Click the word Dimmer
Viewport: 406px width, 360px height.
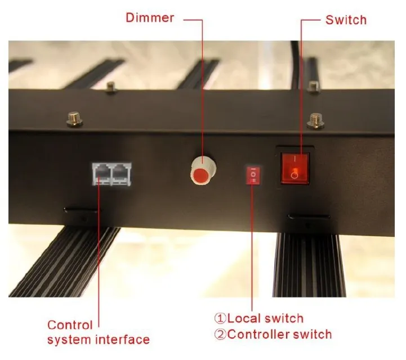[150, 17]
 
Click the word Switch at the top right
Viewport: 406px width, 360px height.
[346, 20]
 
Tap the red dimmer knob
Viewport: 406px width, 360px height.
[203, 170]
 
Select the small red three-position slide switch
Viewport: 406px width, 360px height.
[253, 175]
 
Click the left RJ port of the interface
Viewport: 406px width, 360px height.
[102, 174]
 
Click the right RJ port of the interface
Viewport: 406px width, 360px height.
[121, 174]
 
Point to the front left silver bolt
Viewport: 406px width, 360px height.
[74, 119]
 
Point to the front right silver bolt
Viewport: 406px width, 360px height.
[315, 120]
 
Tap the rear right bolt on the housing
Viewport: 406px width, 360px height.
[313, 86]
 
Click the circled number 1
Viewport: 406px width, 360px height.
[220, 318]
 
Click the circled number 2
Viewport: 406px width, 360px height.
[220, 334]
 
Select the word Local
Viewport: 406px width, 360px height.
[243, 318]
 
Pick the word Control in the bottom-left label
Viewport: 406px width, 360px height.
[70, 325]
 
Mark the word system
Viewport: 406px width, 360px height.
[70, 340]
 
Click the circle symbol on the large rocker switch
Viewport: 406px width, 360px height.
[295, 175]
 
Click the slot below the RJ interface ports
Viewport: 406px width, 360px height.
[82, 210]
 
